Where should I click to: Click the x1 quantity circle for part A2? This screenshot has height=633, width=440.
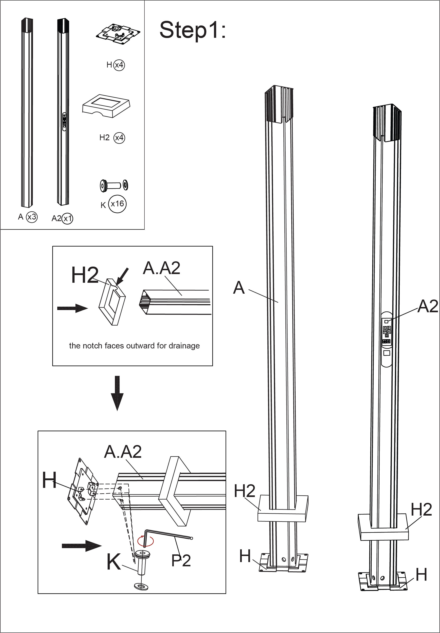point(67,218)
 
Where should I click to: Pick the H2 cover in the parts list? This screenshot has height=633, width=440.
point(106,106)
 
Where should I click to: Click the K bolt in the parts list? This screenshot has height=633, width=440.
point(113,185)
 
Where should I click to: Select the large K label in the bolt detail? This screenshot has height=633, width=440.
point(113,562)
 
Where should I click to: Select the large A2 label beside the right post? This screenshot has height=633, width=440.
point(427,306)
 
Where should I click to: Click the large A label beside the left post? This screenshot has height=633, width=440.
point(239,288)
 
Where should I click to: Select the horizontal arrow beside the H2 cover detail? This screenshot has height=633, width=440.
point(72,308)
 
